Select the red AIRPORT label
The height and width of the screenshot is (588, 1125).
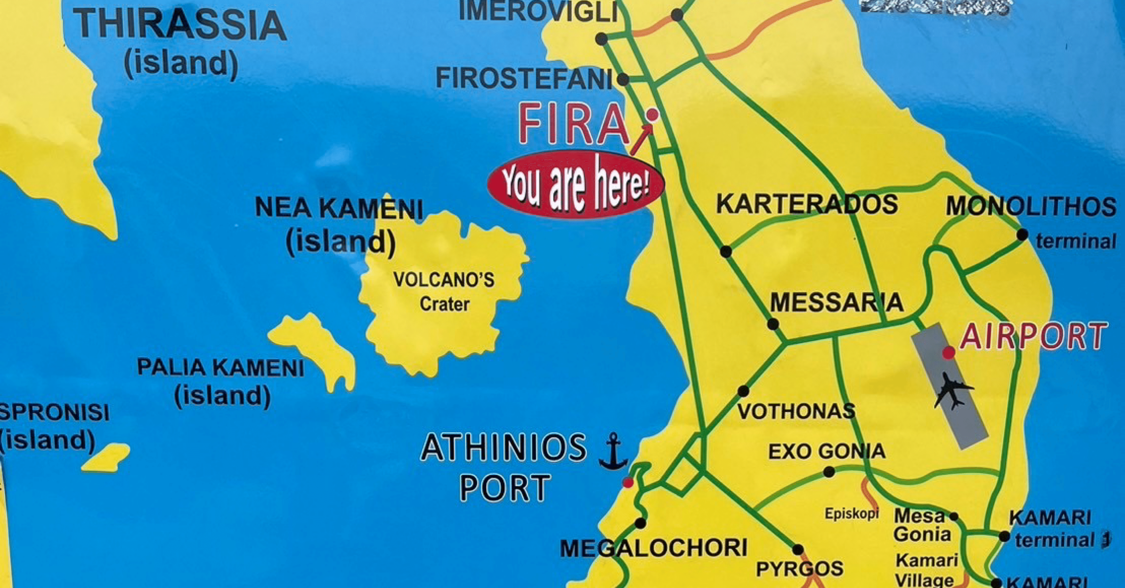(x=1033, y=337)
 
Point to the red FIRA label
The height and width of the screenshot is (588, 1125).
(x=573, y=125)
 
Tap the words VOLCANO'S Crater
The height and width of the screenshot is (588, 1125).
(x=444, y=291)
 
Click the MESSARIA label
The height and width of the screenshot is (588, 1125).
(x=836, y=302)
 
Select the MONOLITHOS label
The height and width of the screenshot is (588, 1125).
(x=1031, y=207)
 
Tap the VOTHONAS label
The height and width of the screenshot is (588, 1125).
(x=796, y=411)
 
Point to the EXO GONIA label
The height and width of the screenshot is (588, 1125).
(x=827, y=452)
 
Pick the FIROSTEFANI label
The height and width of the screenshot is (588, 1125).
(x=523, y=79)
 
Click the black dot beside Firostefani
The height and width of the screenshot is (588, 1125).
(x=623, y=80)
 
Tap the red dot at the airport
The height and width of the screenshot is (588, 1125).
(x=948, y=352)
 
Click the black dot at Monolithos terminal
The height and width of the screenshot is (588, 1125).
(x=1022, y=234)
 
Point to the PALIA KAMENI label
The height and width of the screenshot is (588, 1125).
(x=221, y=367)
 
